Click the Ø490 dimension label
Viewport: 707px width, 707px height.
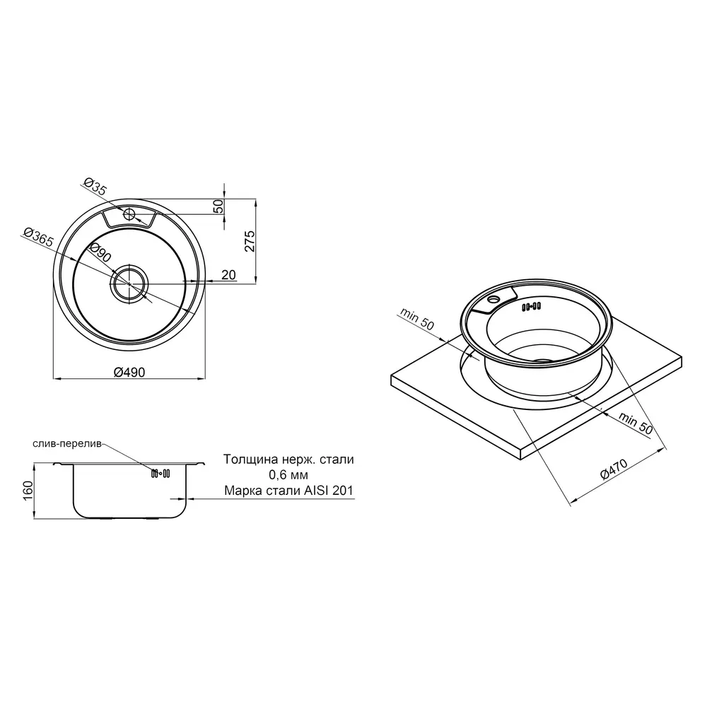tap(129, 373)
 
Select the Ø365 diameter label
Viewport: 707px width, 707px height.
tap(38, 238)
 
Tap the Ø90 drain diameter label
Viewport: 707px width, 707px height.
tap(100, 253)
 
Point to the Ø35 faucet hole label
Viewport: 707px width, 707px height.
tap(95, 187)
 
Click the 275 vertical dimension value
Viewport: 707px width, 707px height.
tap(250, 241)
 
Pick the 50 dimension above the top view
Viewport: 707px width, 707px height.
tap(218, 206)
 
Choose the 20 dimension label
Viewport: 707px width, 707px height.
tap(228, 274)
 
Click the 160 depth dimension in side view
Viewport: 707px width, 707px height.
tap(28, 491)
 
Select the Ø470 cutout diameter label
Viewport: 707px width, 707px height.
tap(614, 469)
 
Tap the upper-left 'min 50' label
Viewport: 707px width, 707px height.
tap(416, 319)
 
